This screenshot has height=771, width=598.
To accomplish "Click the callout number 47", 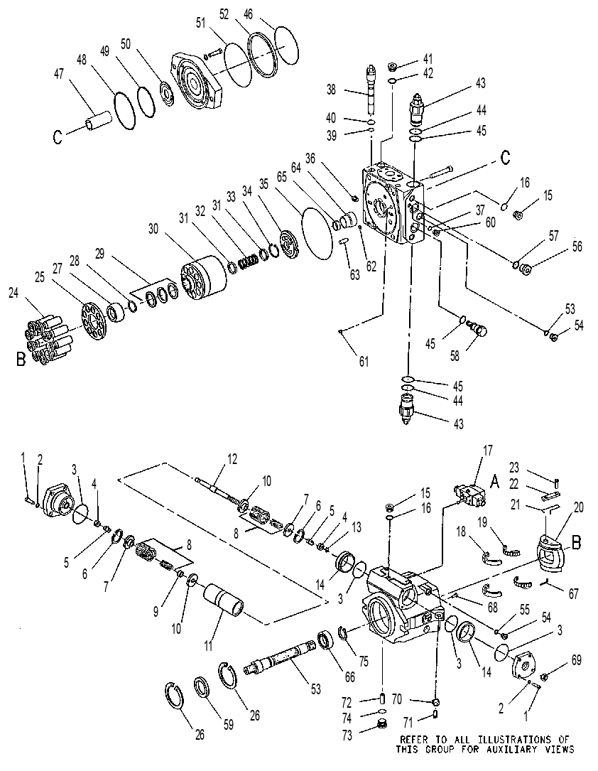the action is click(x=58, y=75).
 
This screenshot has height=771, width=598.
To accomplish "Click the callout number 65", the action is click(x=281, y=176).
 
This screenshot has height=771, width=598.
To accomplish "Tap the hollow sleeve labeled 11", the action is click(x=224, y=599).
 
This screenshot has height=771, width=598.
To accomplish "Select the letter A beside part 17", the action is click(x=495, y=482).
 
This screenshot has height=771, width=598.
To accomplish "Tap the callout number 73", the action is click(x=347, y=737).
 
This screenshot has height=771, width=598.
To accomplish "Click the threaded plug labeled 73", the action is click(x=381, y=724).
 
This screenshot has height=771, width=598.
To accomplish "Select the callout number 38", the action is click(x=332, y=89).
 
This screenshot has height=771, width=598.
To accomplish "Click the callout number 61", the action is click(x=364, y=362).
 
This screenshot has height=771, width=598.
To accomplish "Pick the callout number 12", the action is click(x=232, y=459).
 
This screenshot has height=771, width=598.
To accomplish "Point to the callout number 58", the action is click(x=455, y=355).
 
